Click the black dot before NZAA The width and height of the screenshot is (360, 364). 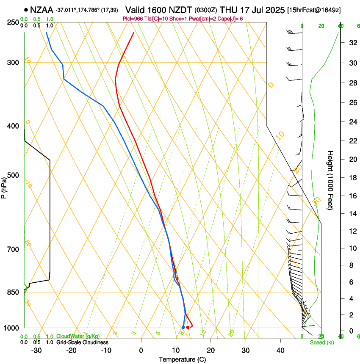(26, 9)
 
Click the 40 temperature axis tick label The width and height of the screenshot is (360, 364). (280, 350)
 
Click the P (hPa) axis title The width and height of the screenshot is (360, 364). (4, 186)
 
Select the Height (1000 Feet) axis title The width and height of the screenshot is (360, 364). (331, 180)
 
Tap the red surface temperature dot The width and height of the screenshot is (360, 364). (188, 327)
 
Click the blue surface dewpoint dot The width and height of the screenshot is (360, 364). (183, 327)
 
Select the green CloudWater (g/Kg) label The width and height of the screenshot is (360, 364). (78, 336)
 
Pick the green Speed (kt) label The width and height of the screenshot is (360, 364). (322, 342)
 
